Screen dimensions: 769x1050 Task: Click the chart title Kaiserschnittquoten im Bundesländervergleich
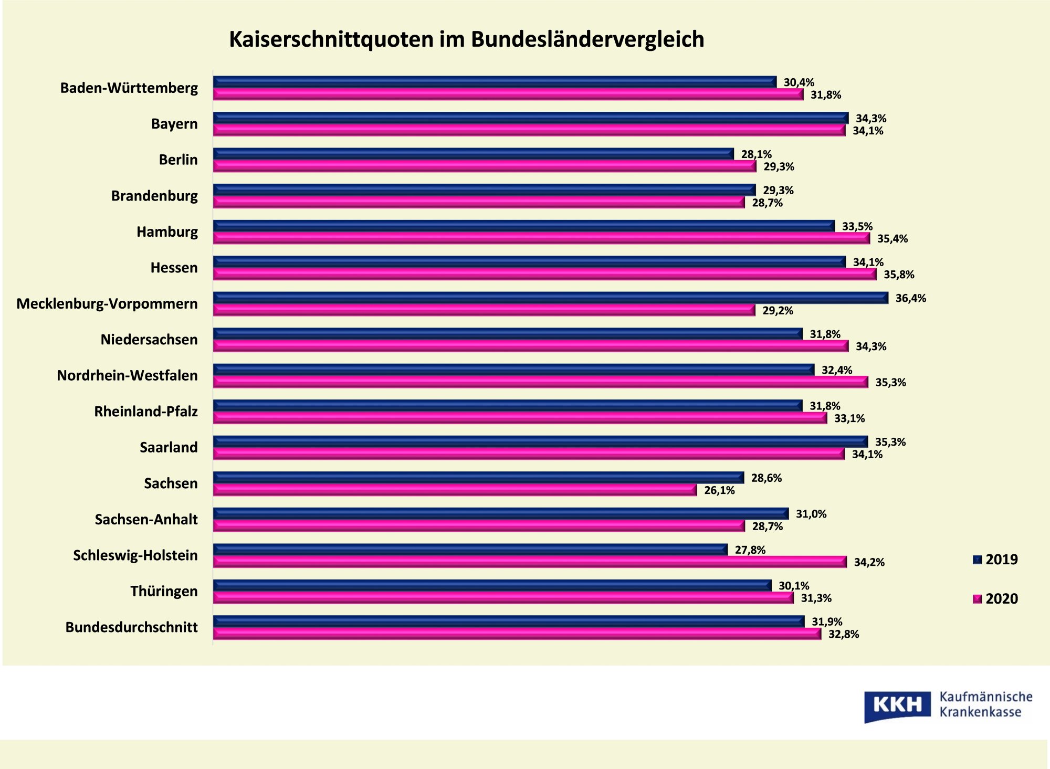[466, 39]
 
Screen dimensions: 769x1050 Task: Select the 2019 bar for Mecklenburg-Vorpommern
[550, 298]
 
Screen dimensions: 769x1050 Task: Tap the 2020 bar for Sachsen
[455, 490]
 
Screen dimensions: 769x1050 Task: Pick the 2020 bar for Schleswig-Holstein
[530, 562]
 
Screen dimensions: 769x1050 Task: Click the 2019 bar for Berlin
[473, 154]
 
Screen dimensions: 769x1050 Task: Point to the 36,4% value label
[910, 298]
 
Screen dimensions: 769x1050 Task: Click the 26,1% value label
[719, 490]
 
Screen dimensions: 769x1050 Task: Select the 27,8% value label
[750, 550]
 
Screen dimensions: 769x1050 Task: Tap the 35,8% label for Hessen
[899, 275]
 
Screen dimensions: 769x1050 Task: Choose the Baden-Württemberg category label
[129, 88]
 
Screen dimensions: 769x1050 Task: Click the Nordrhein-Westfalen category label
[127, 375]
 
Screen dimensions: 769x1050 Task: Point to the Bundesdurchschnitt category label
[131, 627]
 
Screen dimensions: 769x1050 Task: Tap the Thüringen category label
[164, 591]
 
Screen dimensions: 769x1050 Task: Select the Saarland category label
[169, 447]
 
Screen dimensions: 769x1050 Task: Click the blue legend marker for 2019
[977, 560]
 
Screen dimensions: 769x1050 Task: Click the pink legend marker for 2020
[977, 599]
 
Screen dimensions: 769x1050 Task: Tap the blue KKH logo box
[897, 705]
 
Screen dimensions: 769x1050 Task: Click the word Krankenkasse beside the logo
[980, 712]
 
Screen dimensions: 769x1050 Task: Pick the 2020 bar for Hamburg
[541, 238]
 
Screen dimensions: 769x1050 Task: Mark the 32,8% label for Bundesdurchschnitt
[844, 634]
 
